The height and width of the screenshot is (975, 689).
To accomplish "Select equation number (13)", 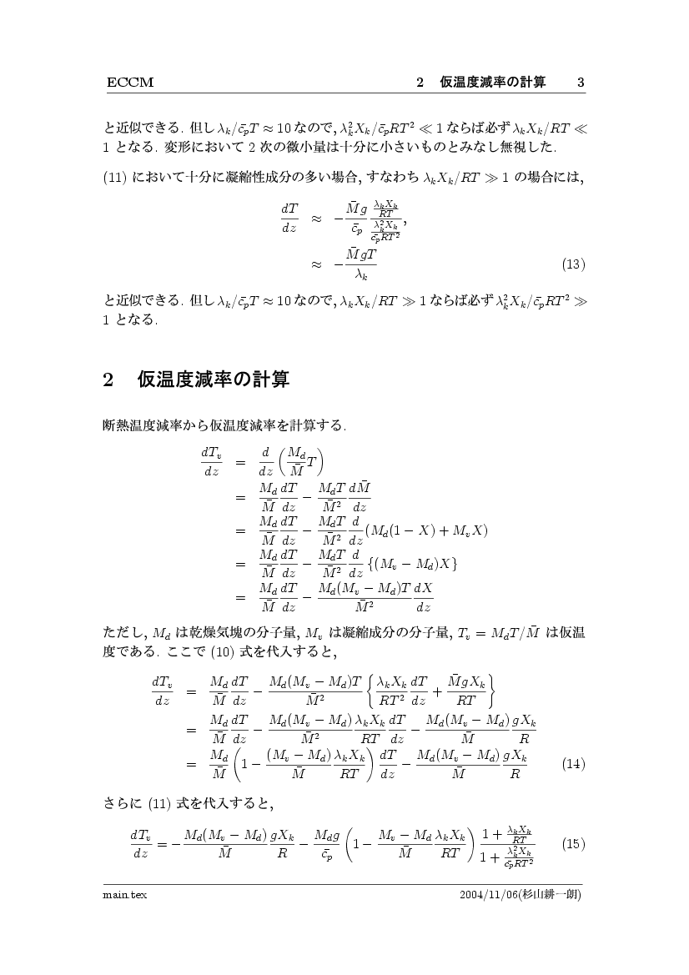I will tap(573, 265).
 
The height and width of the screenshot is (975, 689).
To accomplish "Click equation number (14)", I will tap(573, 763).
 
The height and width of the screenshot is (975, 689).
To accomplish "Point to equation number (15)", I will tap(573, 843).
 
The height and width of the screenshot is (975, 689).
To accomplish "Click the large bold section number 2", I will tap(108, 380).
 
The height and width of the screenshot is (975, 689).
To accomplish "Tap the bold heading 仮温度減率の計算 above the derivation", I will tap(213, 380).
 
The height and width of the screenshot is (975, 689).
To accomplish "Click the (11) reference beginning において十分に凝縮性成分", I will tap(114, 177).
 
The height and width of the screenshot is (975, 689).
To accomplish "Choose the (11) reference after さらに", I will tap(160, 806).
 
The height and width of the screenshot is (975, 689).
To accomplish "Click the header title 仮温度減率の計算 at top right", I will tap(493, 83).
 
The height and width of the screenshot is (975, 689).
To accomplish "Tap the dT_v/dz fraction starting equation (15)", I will tap(140, 843).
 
